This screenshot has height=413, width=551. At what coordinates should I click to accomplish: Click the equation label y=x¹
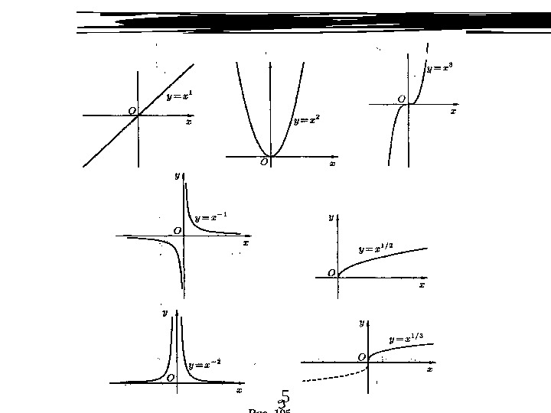tap(180, 96)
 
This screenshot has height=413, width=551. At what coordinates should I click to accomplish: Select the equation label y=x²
tap(307, 121)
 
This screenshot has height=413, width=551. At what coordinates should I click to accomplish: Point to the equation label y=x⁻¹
tap(210, 218)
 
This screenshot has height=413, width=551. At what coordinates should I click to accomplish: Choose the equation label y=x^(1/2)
tap(376, 249)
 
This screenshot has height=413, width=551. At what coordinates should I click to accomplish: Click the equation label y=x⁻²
tap(204, 365)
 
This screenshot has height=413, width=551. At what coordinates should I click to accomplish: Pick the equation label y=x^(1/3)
tap(406, 339)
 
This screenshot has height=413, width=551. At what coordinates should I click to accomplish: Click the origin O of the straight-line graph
tap(132, 111)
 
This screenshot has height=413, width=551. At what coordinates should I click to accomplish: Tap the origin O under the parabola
tap(264, 162)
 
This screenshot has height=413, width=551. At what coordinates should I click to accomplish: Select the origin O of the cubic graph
tap(402, 99)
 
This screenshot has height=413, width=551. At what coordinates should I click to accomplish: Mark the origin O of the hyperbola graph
tap(178, 230)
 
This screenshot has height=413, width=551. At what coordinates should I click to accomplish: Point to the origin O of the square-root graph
tap(331, 272)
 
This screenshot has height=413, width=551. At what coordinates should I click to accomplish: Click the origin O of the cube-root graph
tap(361, 357)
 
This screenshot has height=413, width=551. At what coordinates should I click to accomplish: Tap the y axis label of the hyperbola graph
tap(177, 175)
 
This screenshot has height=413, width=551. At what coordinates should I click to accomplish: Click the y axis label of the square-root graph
tap(331, 217)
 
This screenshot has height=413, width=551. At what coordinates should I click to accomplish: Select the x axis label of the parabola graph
tap(332, 163)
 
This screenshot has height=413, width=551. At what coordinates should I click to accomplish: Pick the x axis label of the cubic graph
tap(453, 112)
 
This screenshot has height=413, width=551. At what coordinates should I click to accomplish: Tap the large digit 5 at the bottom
tap(285, 396)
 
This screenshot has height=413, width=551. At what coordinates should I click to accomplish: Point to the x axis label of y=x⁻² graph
tap(239, 390)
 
